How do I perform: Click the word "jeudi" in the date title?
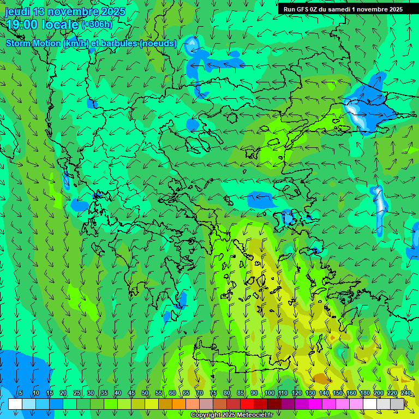17,11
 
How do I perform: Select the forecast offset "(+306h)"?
97,25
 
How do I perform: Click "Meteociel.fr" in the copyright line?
253,415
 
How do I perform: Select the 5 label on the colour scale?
21,393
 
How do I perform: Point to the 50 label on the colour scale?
145,393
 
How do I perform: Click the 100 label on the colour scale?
270,393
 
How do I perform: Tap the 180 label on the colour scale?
364,393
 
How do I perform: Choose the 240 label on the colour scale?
406,393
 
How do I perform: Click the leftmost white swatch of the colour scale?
15,404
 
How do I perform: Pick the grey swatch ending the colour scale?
398,404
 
